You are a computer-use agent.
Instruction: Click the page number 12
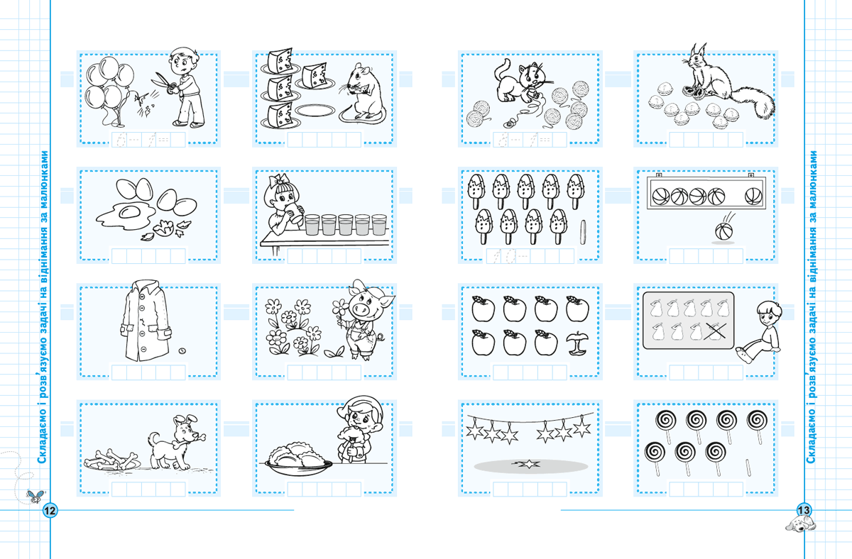tap(50, 510)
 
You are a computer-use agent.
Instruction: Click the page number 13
tap(803, 510)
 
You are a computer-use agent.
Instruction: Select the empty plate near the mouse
tap(315, 111)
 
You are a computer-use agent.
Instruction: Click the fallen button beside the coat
tap(182, 350)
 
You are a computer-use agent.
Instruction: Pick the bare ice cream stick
tap(583, 232)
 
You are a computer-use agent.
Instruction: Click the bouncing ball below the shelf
tap(723, 231)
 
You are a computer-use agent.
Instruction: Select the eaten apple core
tap(577, 343)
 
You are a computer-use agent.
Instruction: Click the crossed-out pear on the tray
tap(716, 331)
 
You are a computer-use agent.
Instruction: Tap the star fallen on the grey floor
tap(529, 464)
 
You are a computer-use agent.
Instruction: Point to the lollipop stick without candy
tap(748, 467)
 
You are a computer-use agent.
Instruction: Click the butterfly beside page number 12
tap(35, 497)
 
